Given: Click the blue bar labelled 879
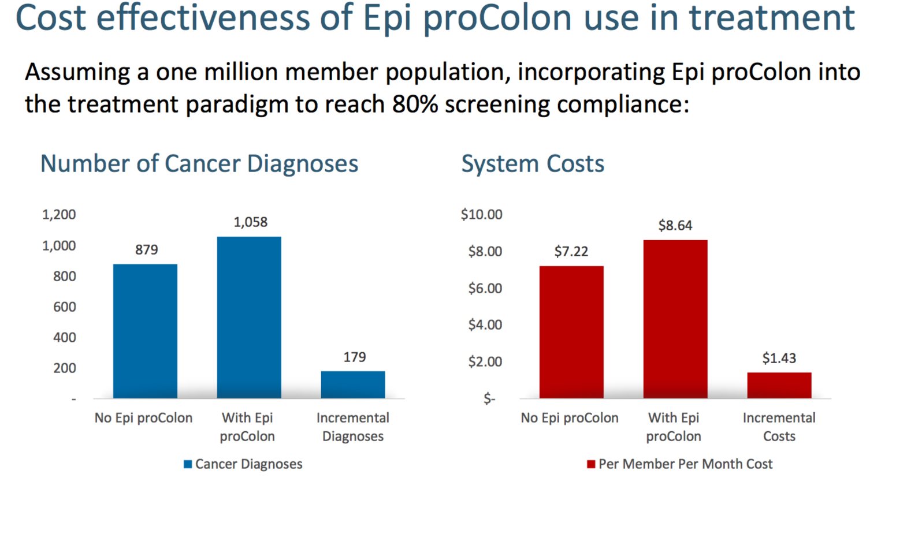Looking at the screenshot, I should (145, 331).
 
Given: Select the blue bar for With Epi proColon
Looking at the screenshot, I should (249, 318).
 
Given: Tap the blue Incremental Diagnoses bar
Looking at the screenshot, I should (353, 384).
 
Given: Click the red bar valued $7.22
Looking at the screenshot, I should (571, 332).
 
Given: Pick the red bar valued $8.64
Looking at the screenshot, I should (675, 319).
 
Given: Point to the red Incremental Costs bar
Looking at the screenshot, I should (779, 385).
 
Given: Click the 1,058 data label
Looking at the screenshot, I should (250, 222).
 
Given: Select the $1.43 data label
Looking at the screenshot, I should (779, 359).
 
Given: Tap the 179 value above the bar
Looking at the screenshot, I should (354, 357).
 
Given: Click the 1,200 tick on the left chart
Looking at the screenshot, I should (59, 215).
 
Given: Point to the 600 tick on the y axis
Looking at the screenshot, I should (65, 307).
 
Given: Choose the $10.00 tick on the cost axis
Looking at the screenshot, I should (481, 215).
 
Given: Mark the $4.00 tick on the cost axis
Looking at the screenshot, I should (485, 325).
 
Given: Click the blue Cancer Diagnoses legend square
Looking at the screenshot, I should (188, 464).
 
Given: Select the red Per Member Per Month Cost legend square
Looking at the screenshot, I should (591, 464).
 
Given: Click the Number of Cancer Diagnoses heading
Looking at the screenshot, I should (199, 164).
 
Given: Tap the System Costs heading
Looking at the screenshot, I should (533, 164).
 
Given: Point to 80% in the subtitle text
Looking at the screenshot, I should (415, 104).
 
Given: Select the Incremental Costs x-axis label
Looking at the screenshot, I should (779, 427).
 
